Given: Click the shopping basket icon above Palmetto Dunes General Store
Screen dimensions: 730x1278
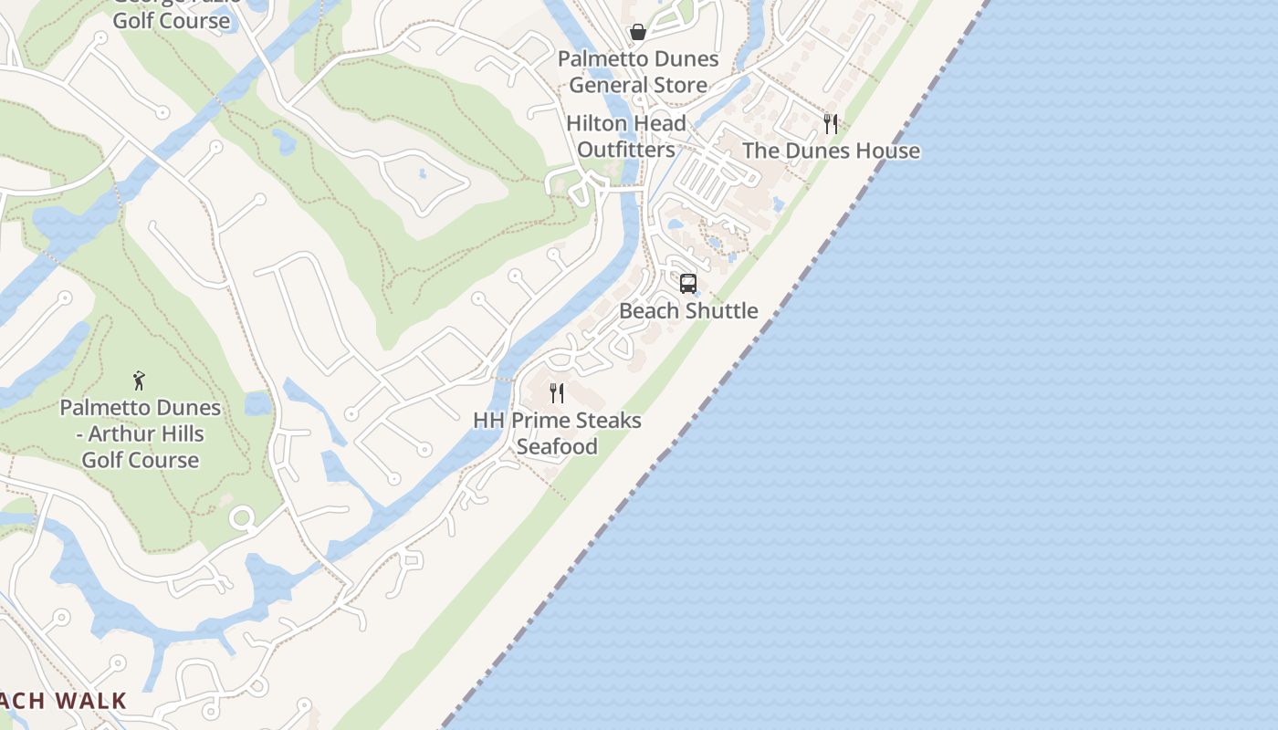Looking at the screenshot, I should pos(638,33).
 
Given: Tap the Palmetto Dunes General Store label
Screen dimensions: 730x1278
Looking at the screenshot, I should pos(638,72).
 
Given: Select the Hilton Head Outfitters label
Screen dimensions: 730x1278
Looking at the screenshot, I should pos(626,137).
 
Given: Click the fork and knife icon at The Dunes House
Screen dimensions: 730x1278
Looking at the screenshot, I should pos(831,123).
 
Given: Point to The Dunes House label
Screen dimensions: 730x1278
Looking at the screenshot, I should pos(831,151).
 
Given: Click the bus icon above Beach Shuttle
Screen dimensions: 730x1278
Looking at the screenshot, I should pos(688,283).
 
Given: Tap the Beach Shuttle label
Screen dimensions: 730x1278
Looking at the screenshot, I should pos(688,310).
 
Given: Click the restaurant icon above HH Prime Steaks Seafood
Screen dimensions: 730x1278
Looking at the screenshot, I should pos(557,393).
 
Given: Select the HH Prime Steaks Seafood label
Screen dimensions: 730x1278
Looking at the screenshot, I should pos(557,433).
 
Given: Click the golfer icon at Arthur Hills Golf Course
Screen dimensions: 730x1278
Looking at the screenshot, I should pos(139,380).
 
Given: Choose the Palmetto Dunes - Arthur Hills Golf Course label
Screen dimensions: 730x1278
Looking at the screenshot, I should pos(141,433).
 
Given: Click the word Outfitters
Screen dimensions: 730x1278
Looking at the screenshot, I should pos(626,150).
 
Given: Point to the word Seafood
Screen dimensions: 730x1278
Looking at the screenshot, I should pos(557,446).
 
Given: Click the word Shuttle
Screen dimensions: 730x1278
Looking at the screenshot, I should pos(723,310).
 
